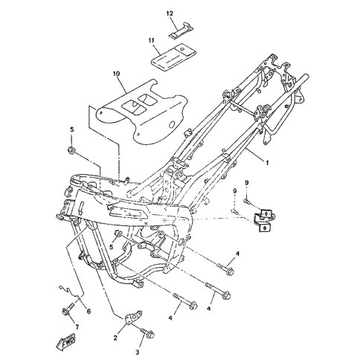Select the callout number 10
coord(116,74)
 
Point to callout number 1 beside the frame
coord(267,163)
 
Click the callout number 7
coord(77,327)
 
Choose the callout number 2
coord(115,338)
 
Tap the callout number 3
coord(138,352)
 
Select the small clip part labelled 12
coord(181,30)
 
